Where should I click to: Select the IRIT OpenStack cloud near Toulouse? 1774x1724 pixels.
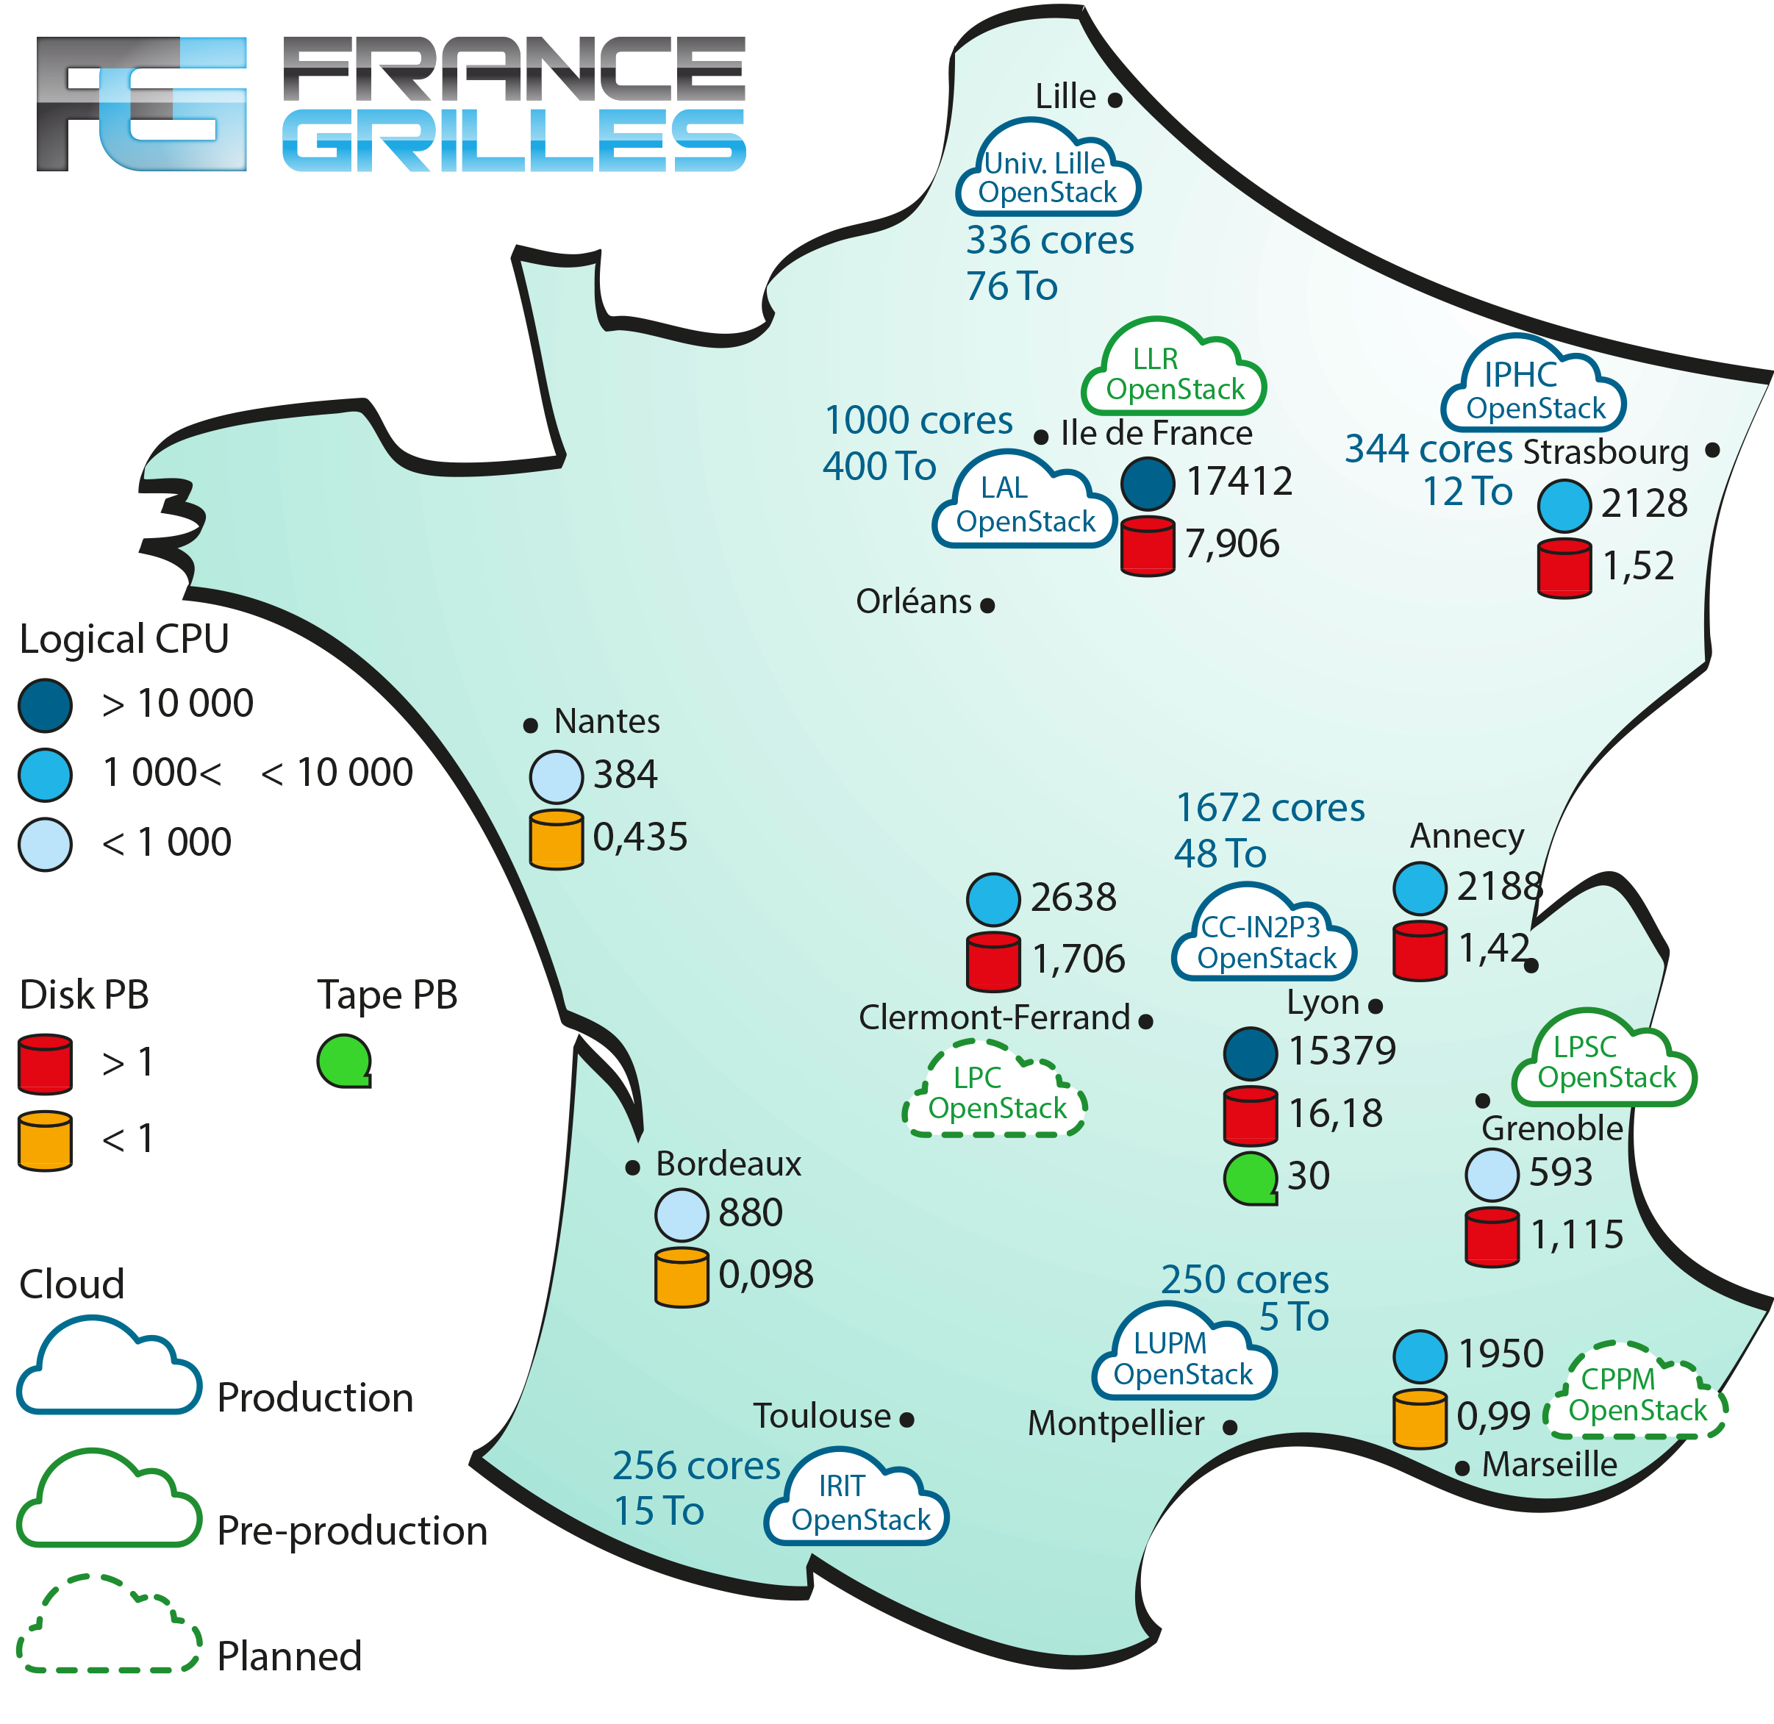pos(857,1503)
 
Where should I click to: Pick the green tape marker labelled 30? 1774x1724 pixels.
pos(1251,1177)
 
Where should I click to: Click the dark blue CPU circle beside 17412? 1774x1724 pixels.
pos(1148,484)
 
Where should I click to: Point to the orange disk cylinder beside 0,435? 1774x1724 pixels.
pos(556,840)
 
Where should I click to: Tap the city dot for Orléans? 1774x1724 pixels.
pos(988,605)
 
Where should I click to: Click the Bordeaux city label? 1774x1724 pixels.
pos(728,1164)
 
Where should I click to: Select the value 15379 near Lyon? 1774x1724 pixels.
pos(1341,1051)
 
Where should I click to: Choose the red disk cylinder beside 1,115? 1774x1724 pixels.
pos(1492,1236)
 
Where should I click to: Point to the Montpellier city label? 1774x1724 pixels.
pos(1116,1423)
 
